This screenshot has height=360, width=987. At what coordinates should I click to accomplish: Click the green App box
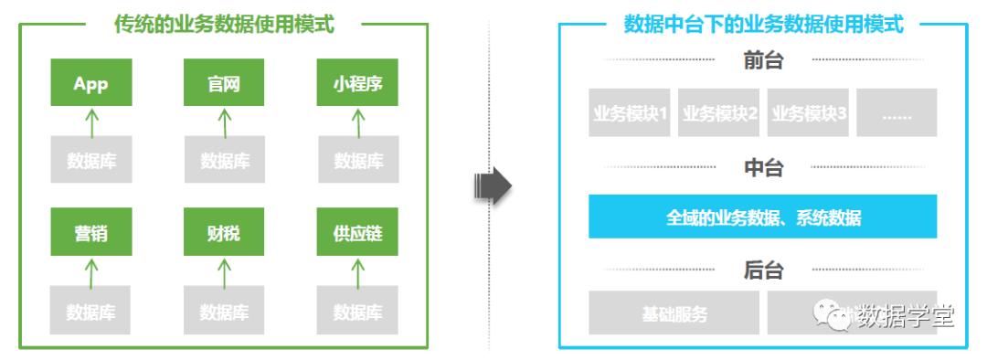[91, 83]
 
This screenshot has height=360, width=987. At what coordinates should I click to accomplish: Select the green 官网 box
[224, 83]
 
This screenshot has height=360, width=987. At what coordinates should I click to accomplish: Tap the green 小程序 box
[357, 83]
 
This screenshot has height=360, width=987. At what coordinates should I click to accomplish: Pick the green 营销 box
[91, 233]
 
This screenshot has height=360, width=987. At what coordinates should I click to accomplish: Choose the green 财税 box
[224, 233]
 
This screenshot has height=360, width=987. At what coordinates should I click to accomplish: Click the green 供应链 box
[357, 233]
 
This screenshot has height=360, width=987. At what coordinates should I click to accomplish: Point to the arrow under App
[91, 121]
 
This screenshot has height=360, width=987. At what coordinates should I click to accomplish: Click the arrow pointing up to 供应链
[357, 271]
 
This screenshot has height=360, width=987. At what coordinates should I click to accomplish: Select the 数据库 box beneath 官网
[224, 161]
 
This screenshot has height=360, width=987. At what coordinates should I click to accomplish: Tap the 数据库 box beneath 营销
[91, 312]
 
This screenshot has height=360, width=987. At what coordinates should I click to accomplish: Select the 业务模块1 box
[631, 113]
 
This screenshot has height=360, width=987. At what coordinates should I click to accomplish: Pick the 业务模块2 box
[720, 113]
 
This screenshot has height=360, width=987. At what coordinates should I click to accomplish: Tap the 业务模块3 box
[810, 113]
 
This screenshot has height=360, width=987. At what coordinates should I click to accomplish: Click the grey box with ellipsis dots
[897, 113]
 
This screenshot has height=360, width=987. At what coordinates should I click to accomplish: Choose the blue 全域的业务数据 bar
[763, 217]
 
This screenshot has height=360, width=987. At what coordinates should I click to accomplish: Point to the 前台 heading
[763, 61]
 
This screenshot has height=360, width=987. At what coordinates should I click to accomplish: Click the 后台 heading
[763, 270]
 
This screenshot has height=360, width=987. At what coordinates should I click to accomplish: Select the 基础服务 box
[674, 314]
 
